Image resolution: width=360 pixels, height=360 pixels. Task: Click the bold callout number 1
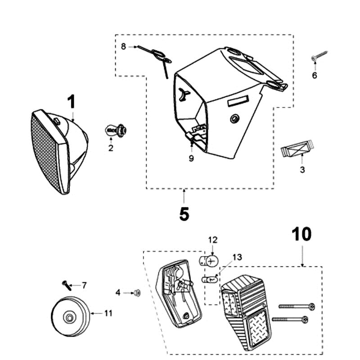[71, 102]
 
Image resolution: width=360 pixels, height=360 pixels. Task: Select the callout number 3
[302, 170]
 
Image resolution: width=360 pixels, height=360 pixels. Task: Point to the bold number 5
[184, 214]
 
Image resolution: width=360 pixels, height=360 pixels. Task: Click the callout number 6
[315, 75]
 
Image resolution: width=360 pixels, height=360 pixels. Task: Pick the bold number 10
[301, 234]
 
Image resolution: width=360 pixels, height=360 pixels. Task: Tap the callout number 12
[212, 239]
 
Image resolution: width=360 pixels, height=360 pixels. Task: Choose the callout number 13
[237, 257]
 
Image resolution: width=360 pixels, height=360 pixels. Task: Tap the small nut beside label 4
[137, 293]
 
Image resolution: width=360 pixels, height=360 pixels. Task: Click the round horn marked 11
[70, 316]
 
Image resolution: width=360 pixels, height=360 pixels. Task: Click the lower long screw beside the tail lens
[291, 320]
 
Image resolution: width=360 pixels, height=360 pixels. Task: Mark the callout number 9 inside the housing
[191, 158]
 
